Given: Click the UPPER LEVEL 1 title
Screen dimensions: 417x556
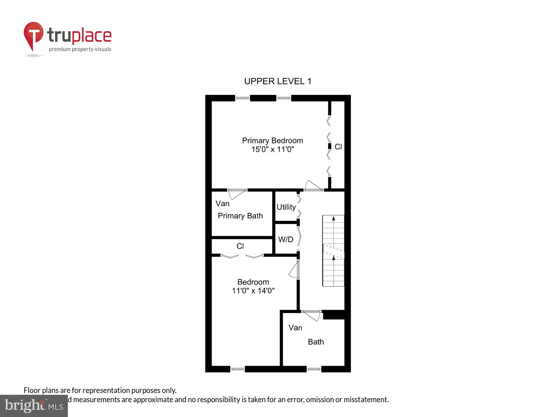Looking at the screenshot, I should (278, 81).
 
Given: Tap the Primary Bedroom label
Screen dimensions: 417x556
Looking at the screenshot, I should (272, 141).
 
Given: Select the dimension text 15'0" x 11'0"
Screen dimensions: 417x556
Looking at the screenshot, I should (272, 149).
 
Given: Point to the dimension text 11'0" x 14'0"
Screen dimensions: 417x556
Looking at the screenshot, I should (253, 291).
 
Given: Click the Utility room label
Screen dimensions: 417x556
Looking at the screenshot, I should (286, 207).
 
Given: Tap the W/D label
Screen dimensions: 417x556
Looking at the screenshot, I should (286, 239).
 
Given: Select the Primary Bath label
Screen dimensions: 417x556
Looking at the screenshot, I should (240, 216).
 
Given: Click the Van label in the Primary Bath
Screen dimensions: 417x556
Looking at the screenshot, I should (222, 203).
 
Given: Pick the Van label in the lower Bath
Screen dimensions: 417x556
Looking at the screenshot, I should (295, 328).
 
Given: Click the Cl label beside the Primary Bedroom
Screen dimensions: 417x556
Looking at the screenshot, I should (338, 147).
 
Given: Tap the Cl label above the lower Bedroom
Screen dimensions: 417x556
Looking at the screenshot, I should (240, 246).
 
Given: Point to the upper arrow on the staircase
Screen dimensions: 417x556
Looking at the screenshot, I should (334, 219).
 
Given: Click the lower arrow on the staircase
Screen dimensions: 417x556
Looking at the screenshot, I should (334, 258).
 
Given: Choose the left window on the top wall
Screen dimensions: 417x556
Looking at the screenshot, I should (242, 98).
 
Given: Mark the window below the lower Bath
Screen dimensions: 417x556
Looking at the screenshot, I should (314, 369).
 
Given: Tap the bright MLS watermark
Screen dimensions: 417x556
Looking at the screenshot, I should (34, 406).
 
